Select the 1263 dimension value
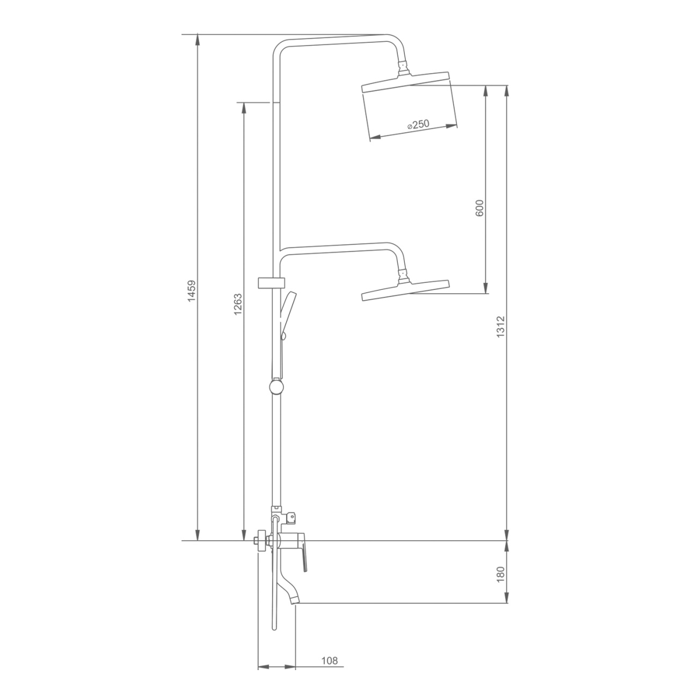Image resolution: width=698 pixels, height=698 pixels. [x=238, y=303]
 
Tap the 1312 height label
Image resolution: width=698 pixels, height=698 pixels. [x=500, y=327]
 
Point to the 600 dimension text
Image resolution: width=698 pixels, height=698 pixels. [x=479, y=208]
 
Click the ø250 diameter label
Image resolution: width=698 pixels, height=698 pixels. [x=418, y=125]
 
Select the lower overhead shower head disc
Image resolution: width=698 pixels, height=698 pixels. [x=406, y=290]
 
